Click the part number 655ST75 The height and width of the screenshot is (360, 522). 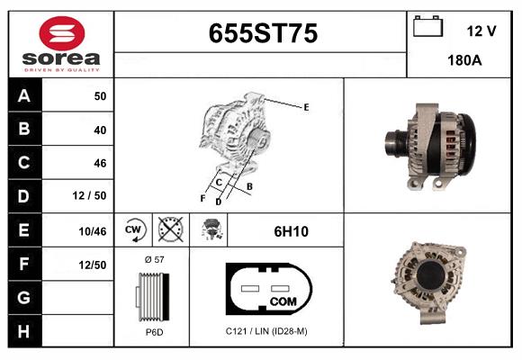tap(263, 33)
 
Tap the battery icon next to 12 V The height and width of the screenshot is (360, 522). tap(427, 29)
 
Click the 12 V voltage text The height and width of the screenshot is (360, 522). tap(481, 31)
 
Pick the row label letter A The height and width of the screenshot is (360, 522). tap(23, 96)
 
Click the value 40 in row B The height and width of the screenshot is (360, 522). tap(99, 130)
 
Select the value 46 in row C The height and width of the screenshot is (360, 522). tap(99, 163)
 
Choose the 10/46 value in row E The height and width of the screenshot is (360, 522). tap(93, 231)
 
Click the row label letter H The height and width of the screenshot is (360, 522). tap(23, 331)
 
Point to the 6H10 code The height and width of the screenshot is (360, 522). tap(291, 231)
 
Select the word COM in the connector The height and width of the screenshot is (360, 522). tap(283, 301)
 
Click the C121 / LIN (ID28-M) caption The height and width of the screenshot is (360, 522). tap(267, 331)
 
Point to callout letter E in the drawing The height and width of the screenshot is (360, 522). tap(306, 107)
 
